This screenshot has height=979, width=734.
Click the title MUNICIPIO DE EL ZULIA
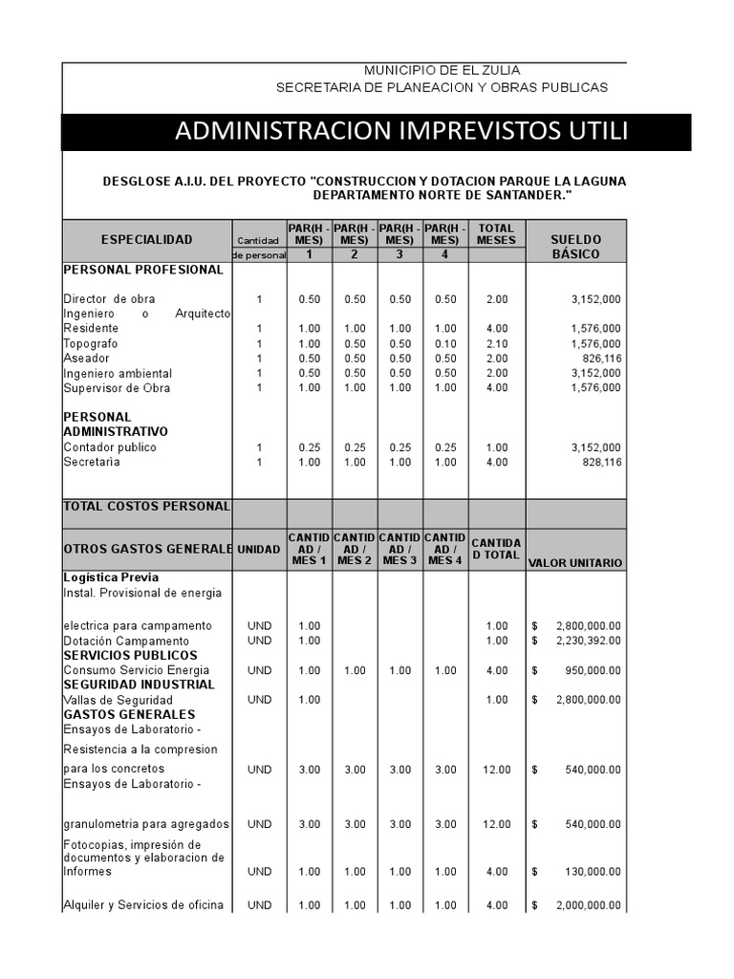(x=442, y=71)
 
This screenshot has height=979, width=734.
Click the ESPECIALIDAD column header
(x=146, y=240)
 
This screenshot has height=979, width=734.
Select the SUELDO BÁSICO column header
(x=576, y=247)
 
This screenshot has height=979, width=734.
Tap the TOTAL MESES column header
(x=496, y=234)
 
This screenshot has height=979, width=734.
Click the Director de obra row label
(x=109, y=299)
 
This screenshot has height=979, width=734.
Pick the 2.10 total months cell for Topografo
(x=496, y=343)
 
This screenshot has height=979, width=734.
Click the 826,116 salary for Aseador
(x=595, y=359)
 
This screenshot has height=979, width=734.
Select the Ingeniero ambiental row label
(x=118, y=374)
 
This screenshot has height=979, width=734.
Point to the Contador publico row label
(x=110, y=447)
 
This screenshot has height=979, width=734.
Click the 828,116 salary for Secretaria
(x=595, y=462)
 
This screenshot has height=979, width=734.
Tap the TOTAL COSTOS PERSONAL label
(x=146, y=506)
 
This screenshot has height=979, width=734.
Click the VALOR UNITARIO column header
(x=575, y=563)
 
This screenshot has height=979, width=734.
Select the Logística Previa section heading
(x=111, y=577)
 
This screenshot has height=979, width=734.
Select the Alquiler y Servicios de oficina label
(x=143, y=905)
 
